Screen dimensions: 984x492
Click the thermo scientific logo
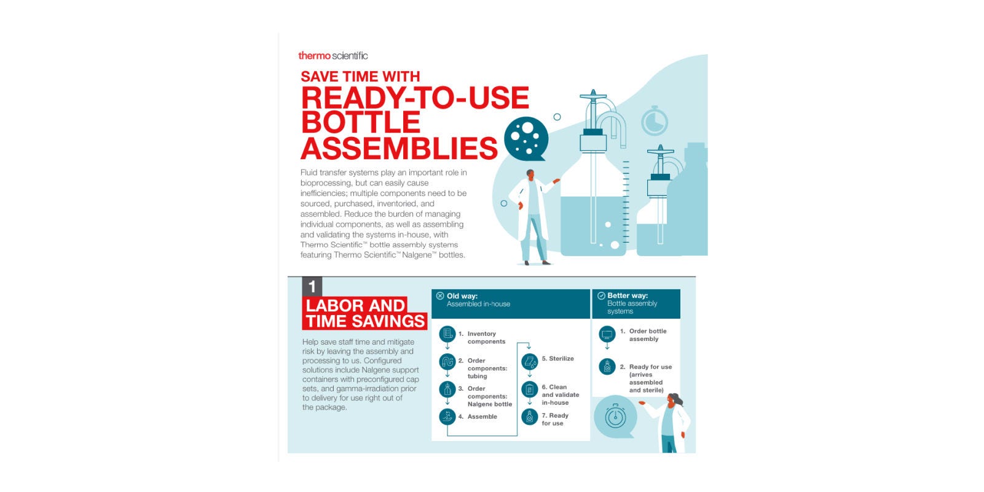(x=333, y=56)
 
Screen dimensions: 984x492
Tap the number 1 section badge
(x=312, y=287)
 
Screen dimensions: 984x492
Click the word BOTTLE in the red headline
(x=361, y=122)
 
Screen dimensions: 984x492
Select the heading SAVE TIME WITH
(x=360, y=76)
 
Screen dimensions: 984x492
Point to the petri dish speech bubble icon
(x=526, y=139)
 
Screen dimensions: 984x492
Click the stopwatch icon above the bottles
(x=655, y=121)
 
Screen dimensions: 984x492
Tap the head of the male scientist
(x=530, y=174)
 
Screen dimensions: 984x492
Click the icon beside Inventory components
(x=447, y=334)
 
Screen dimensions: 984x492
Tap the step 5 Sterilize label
(x=558, y=359)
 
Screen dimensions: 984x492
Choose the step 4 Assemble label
(x=478, y=416)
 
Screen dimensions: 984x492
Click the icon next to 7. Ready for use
(x=529, y=417)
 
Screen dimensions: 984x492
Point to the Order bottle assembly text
(x=648, y=335)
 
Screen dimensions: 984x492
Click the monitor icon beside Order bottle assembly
(x=607, y=334)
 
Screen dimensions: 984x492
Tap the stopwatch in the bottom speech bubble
(x=615, y=416)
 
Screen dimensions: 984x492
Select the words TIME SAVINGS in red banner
(x=365, y=321)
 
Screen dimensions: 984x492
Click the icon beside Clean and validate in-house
(x=529, y=389)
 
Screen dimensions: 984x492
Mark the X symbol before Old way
(x=439, y=296)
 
